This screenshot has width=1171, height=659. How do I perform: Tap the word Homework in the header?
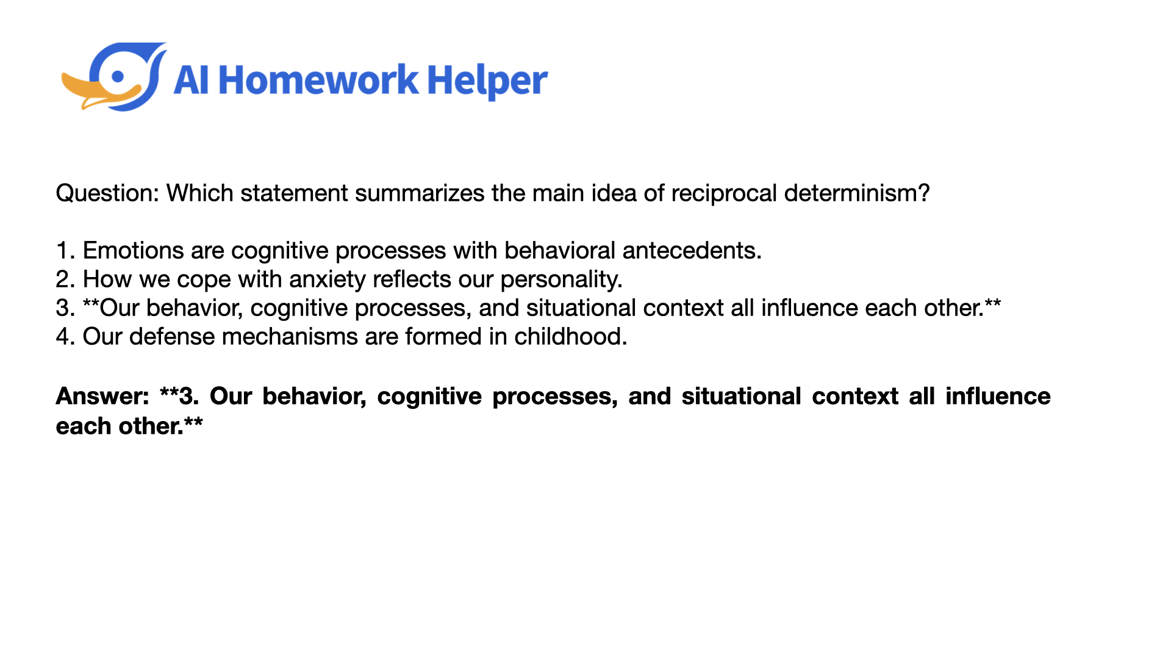click(x=318, y=80)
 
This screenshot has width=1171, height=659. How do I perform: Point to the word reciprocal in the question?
click(x=724, y=193)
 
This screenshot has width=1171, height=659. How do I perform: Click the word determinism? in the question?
click(x=857, y=193)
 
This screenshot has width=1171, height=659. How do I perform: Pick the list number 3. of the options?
click(x=65, y=308)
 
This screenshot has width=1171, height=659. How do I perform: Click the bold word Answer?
click(x=102, y=397)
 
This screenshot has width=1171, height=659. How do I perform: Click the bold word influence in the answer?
click(x=998, y=397)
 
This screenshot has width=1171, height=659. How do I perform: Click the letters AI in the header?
click(x=191, y=81)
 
